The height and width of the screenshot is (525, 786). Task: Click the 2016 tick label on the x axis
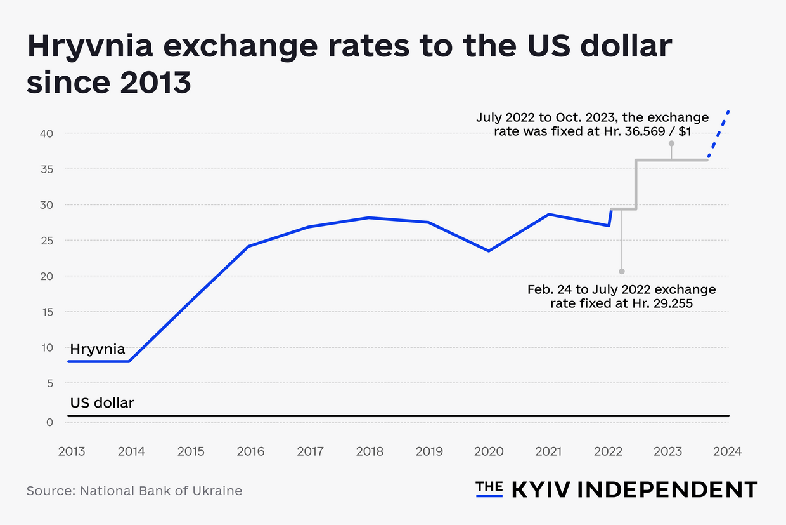tap(250, 451)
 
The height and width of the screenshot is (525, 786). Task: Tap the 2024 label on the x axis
tap(727, 451)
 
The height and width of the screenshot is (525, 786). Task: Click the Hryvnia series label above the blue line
tap(97, 349)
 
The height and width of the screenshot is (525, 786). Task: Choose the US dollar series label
tap(101, 402)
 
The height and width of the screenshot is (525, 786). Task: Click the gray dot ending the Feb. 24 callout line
tap(621, 271)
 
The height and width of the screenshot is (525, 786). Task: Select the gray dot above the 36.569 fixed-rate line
tap(671, 143)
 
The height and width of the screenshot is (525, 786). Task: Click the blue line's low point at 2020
tap(488, 251)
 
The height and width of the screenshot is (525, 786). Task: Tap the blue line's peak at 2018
tap(369, 218)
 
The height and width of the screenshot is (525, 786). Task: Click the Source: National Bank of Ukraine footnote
tap(134, 491)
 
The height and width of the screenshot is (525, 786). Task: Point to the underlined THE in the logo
tap(489, 488)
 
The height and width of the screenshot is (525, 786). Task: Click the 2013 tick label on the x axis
tap(72, 451)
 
